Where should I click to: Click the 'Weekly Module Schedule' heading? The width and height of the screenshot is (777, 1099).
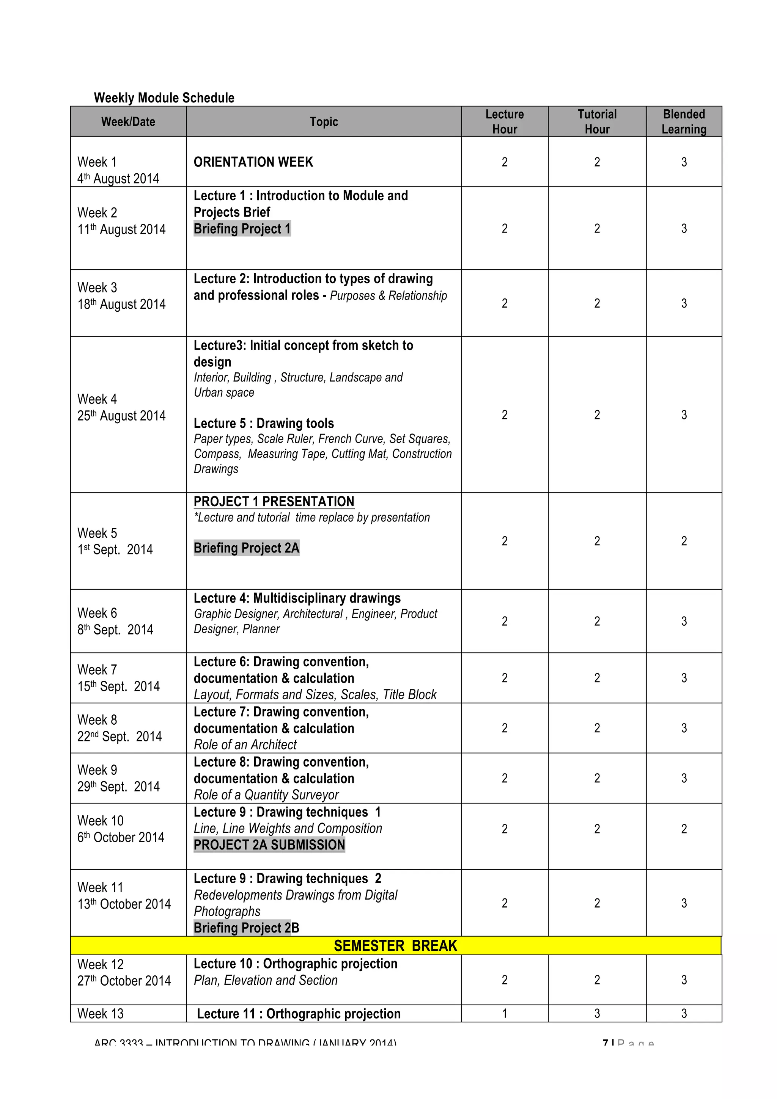(164, 97)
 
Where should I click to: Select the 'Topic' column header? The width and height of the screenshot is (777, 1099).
(324, 122)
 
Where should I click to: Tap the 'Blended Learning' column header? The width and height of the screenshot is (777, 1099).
(684, 122)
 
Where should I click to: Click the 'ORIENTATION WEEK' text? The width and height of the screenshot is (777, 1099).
(253, 162)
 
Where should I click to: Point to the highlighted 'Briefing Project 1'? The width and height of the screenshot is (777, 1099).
(242, 229)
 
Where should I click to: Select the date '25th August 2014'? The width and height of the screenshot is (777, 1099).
(122, 416)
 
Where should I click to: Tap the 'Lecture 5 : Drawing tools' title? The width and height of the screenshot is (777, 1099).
(264, 423)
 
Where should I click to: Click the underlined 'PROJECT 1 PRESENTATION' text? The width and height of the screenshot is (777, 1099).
(274, 501)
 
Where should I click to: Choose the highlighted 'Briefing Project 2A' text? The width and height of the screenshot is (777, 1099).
(246, 548)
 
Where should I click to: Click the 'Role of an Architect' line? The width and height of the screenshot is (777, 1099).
(245, 744)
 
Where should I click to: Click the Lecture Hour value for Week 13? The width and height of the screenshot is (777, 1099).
(504, 1013)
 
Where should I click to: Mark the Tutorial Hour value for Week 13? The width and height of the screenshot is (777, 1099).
(597, 1013)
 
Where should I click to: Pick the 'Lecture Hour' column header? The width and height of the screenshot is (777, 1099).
(505, 122)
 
